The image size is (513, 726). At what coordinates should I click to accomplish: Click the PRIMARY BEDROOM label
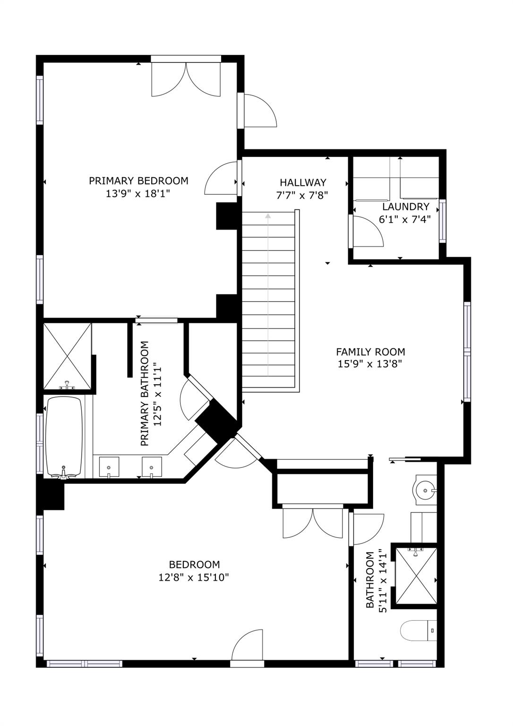(x=138, y=181)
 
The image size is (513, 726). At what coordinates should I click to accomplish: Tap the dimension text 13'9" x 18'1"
(x=138, y=193)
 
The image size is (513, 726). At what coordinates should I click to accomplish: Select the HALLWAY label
(x=303, y=182)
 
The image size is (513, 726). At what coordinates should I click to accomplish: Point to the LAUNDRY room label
(x=405, y=207)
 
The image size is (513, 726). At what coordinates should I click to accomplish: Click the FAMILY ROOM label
(x=370, y=352)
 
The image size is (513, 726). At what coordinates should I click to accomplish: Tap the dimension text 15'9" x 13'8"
(x=370, y=364)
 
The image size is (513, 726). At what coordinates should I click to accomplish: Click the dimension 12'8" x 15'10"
(x=194, y=577)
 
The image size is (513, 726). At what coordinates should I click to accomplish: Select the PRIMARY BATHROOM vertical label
(x=145, y=393)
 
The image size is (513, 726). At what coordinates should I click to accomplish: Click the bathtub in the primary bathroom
(x=64, y=436)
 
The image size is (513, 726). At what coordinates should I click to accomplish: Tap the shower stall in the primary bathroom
(x=67, y=356)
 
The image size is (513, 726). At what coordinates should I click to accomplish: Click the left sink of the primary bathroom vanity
(x=109, y=467)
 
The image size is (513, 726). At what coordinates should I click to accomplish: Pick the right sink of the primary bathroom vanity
(x=152, y=467)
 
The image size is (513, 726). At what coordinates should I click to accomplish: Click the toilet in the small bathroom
(x=419, y=631)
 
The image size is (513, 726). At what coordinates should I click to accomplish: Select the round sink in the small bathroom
(x=426, y=491)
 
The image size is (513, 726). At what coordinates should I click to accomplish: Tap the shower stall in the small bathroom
(x=416, y=575)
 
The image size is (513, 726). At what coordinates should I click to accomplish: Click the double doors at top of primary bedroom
(x=186, y=78)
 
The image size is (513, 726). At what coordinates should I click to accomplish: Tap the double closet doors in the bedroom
(x=312, y=523)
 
